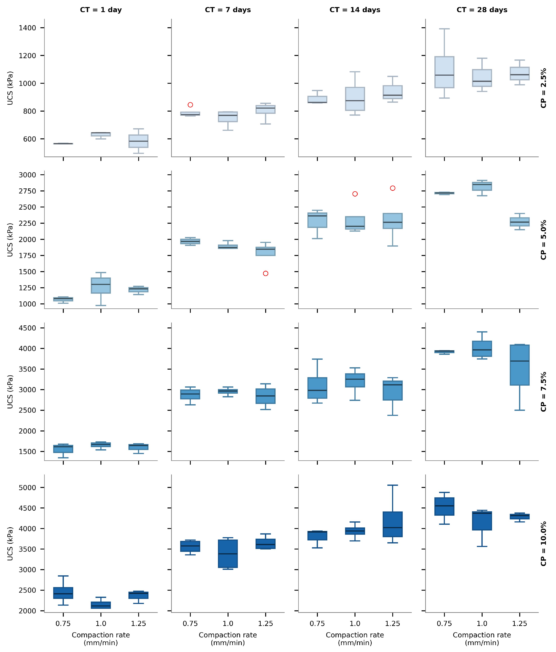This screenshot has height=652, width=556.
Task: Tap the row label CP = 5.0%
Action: pyautogui.click(x=543, y=240)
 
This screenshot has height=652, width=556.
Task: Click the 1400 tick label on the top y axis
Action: pyautogui.click(x=27, y=28)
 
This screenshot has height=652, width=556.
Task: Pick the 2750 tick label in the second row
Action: pyautogui.click(x=27, y=191)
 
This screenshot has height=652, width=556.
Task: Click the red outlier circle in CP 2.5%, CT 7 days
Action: pyautogui.click(x=190, y=105)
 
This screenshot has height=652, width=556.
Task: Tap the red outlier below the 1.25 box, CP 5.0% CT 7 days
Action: pyautogui.click(x=266, y=273)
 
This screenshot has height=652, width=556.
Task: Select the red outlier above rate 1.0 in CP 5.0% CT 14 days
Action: pyautogui.click(x=355, y=194)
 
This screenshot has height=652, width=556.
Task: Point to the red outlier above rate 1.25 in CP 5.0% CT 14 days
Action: pyautogui.click(x=393, y=188)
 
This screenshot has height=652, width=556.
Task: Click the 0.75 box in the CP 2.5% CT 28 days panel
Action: pyautogui.click(x=444, y=72)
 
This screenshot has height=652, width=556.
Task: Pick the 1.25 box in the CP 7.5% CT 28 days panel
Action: pyautogui.click(x=520, y=365)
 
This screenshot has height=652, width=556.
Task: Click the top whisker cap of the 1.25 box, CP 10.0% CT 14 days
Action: pyautogui.click(x=393, y=485)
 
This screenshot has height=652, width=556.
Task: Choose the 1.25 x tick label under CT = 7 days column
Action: pyautogui.click(x=266, y=624)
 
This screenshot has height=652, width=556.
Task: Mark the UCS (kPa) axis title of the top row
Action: pyautogui.click(x=10, y=88)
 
